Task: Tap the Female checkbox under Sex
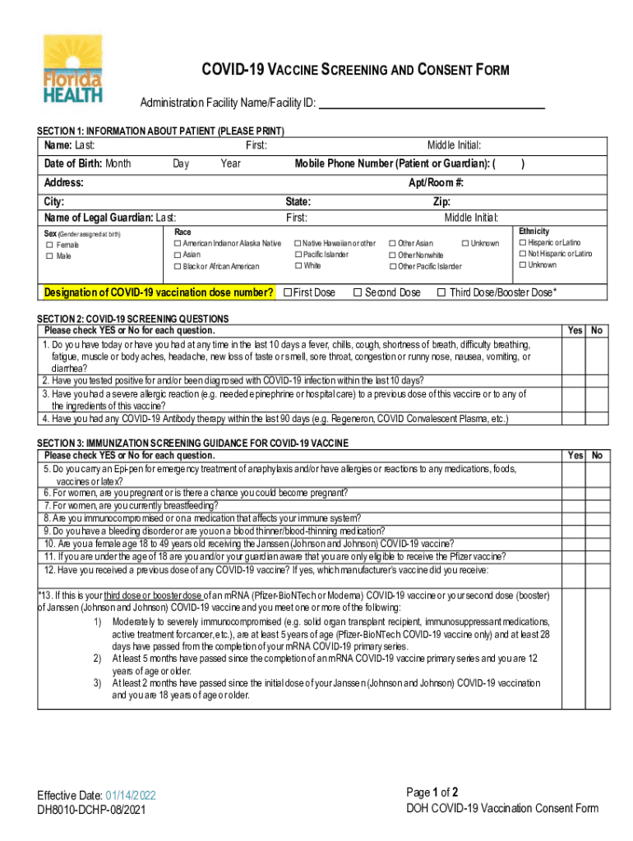coord(49,246)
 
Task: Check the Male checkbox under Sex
coord(49,256)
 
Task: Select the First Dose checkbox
coord(288,292)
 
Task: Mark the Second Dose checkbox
coord(358,292)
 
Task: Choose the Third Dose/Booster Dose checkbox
coord(441,292)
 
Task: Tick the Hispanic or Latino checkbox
coord(523,243)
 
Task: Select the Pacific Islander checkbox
coord(298,255)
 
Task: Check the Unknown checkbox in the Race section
coord(465,244)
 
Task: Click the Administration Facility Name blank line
coord(432,103)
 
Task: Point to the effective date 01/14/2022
coord(131,796)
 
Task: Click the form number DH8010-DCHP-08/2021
coord(96,811)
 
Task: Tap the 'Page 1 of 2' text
coord(432,793)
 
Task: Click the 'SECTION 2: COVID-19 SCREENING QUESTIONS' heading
coord(133,319)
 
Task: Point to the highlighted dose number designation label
coord(159,293)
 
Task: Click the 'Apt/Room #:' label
coord(436,182)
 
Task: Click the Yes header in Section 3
coord(575,455)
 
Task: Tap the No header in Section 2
coord(597,330)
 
